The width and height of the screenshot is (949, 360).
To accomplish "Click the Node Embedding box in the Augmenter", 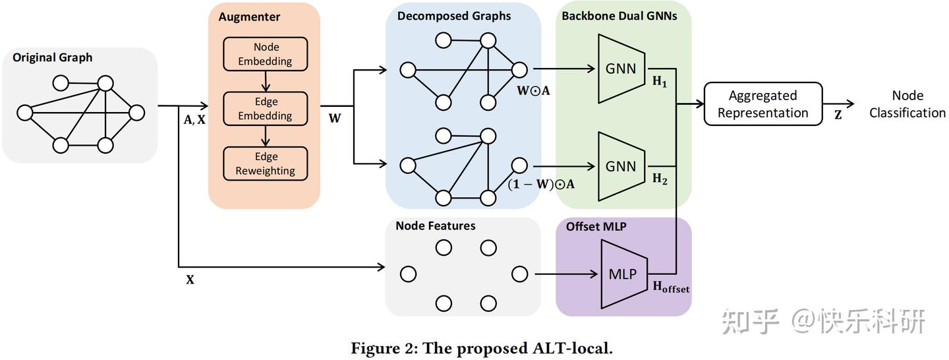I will [265, 54].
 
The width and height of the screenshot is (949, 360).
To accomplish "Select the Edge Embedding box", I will [265, 109].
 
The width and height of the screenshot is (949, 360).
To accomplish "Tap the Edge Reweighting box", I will [265, 164].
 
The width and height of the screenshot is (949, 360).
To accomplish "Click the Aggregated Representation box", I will [762, 104].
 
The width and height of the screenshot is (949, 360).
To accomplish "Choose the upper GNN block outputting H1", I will [621, 69].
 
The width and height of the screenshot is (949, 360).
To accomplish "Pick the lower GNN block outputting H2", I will [621, 166].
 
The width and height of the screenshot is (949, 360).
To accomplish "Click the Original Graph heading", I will [53, 57].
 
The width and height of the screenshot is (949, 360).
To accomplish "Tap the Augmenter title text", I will [249, 16].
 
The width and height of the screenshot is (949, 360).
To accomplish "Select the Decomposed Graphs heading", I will [454, 16].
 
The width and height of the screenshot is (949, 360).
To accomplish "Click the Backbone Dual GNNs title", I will [619, 16].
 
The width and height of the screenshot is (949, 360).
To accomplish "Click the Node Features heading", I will [436, 226].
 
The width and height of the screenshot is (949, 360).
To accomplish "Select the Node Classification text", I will [907, 104].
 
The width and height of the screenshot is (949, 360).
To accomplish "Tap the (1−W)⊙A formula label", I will [541, 185].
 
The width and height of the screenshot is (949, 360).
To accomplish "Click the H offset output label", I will [671, 287].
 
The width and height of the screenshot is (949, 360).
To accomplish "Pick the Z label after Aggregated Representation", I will [838, 115].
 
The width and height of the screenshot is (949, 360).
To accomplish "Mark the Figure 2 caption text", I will [482, 348].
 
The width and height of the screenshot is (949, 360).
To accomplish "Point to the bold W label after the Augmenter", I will [335, 119].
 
